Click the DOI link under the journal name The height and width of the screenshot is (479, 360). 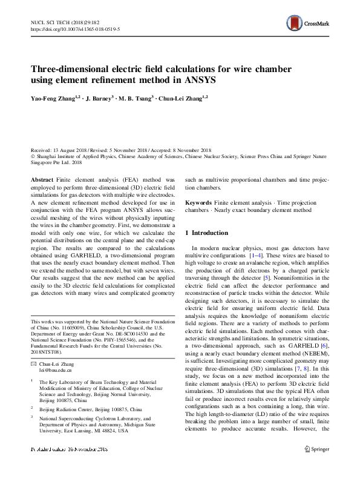[x=75, y=28]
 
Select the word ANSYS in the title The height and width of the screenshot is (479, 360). [x=196, y=79]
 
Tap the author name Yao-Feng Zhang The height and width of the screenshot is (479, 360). [x=54, y=97]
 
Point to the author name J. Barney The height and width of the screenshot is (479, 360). [x=101, y=97]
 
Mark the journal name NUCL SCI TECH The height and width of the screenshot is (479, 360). [x=50, y=21]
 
